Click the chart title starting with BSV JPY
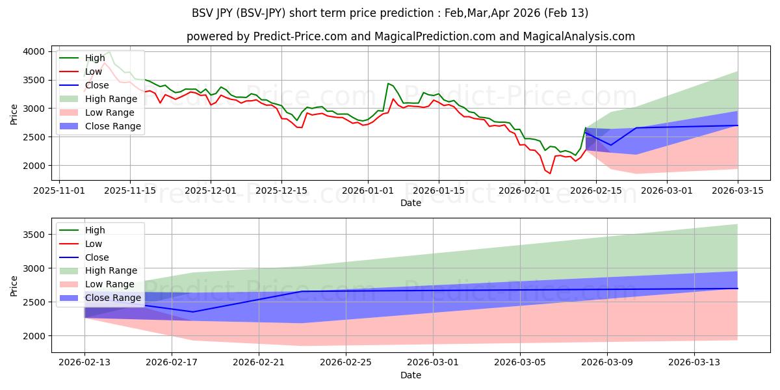390,13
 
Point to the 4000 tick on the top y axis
35,51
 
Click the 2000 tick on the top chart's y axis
35,166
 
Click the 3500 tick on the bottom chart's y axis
35,234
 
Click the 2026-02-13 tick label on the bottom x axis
84,362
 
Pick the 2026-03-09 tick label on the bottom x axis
607,362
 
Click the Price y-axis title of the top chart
14,114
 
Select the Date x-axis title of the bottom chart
410,375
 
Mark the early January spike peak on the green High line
388,83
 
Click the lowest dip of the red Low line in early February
550,174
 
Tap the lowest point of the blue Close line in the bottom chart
193,312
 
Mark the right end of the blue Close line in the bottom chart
738,289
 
